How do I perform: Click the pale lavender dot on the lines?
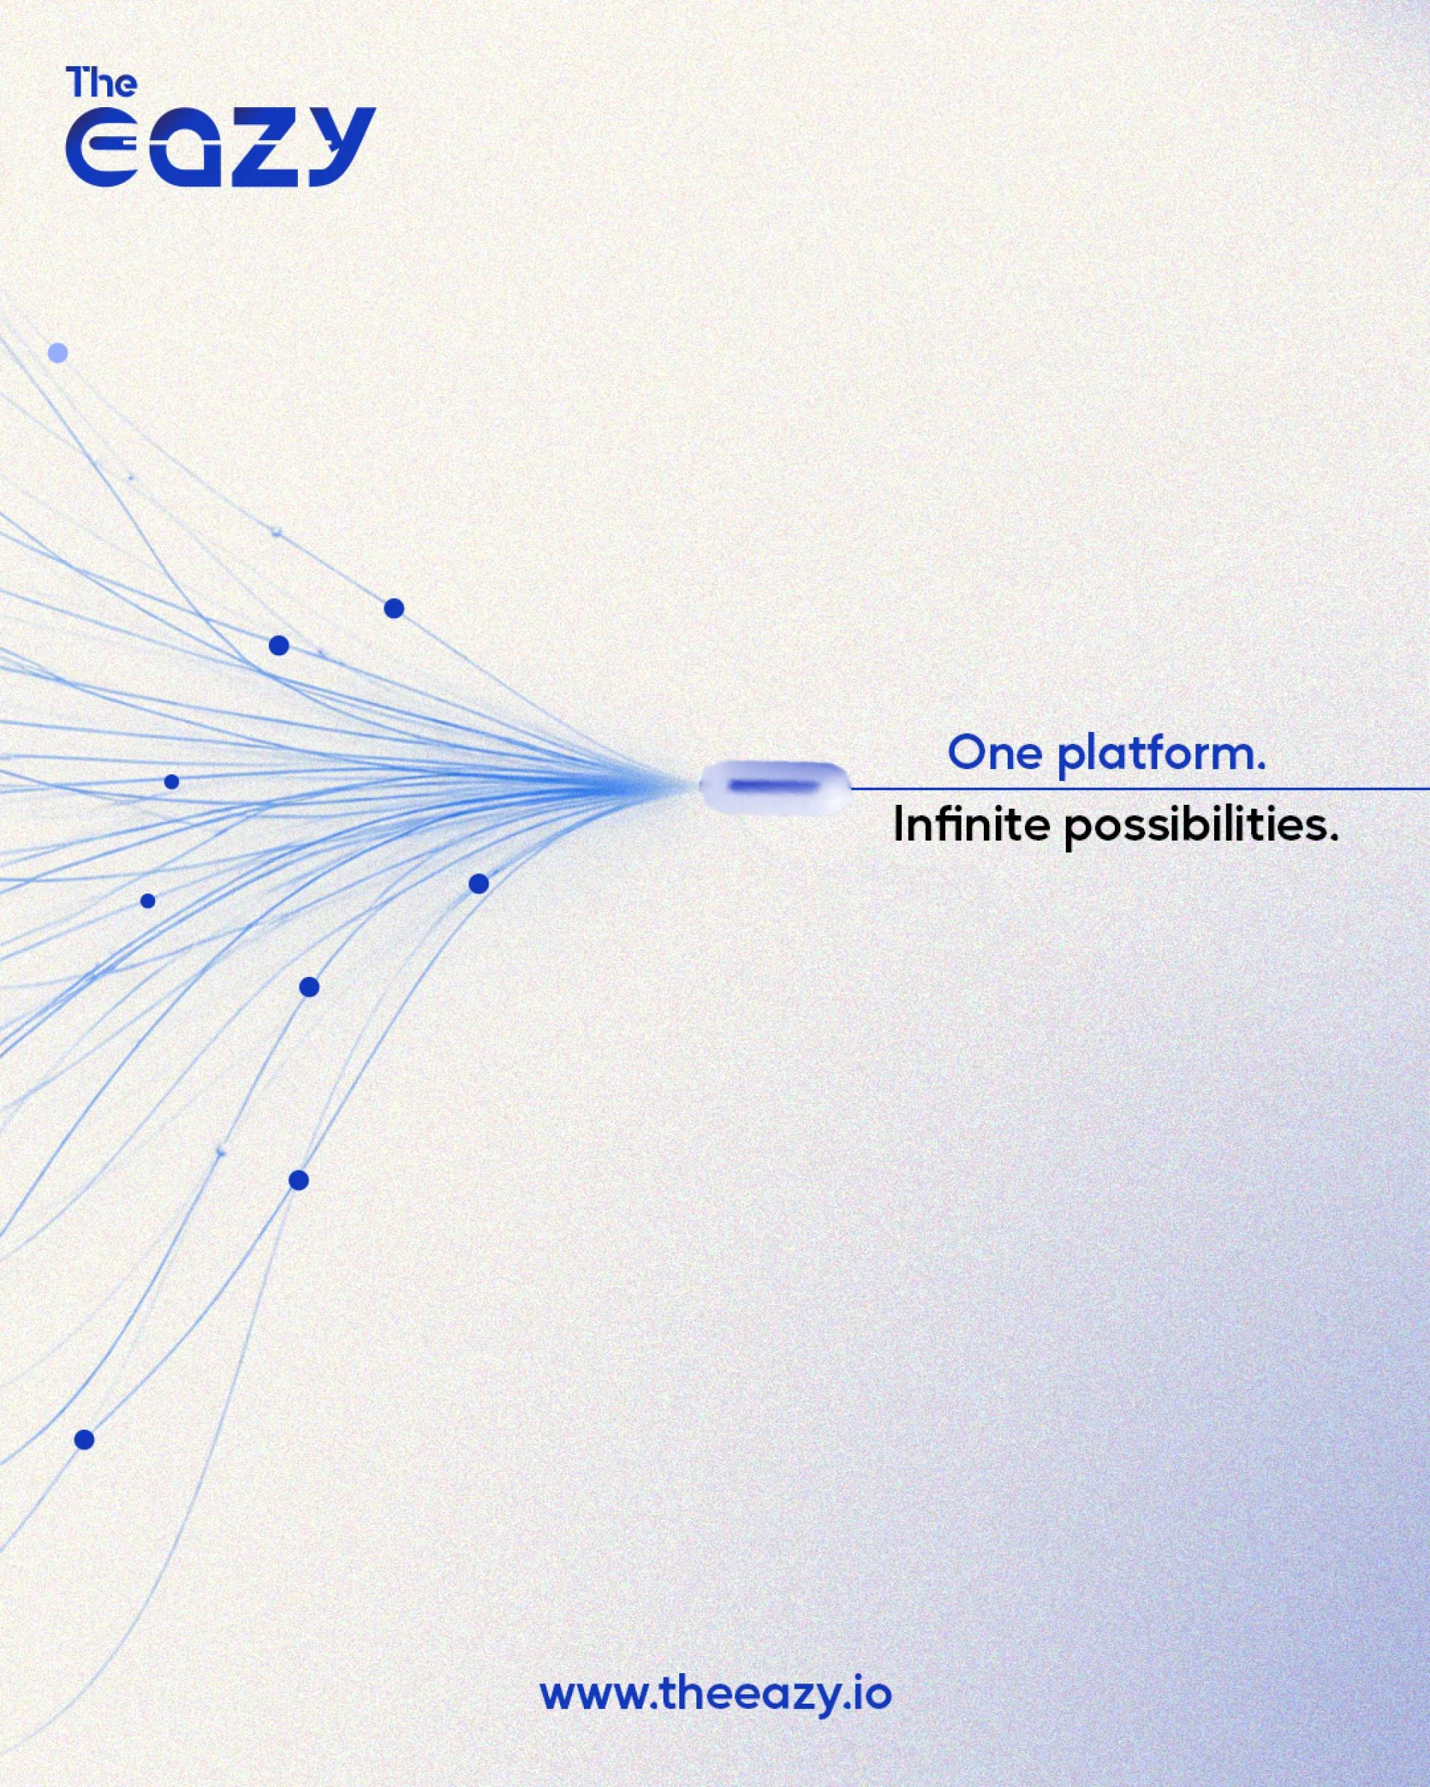pos(57,353)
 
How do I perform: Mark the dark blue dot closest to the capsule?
pos(478,884)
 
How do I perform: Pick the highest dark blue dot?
pos(394,608)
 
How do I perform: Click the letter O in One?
pos(965,754)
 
